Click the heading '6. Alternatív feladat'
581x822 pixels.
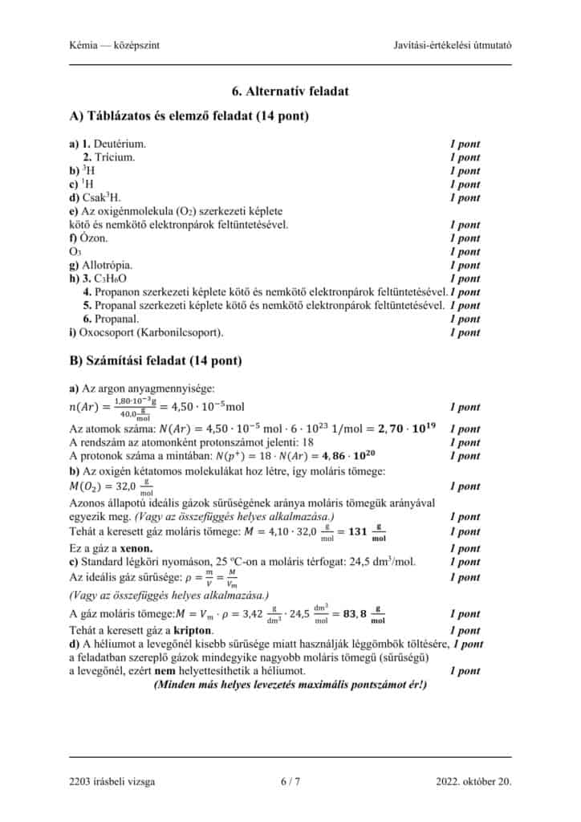[x=290, y=92]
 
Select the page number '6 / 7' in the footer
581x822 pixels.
[x=290, y=781]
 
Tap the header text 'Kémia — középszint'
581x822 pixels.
[x=115, y=45]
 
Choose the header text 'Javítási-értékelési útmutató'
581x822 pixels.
[x=453, y=45]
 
